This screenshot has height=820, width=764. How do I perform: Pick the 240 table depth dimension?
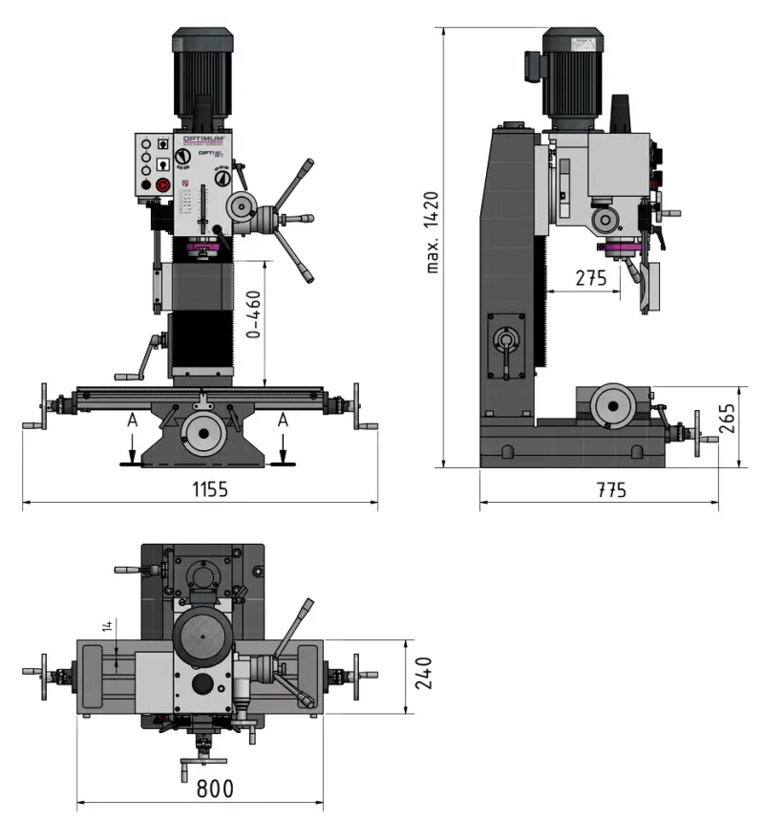(426, 673)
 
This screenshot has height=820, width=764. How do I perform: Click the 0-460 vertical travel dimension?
(254, 314)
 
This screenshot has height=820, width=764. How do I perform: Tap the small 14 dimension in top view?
(107, 626)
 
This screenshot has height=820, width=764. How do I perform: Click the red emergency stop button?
(162, 184)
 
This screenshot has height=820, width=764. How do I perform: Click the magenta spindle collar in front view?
(202, 250)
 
